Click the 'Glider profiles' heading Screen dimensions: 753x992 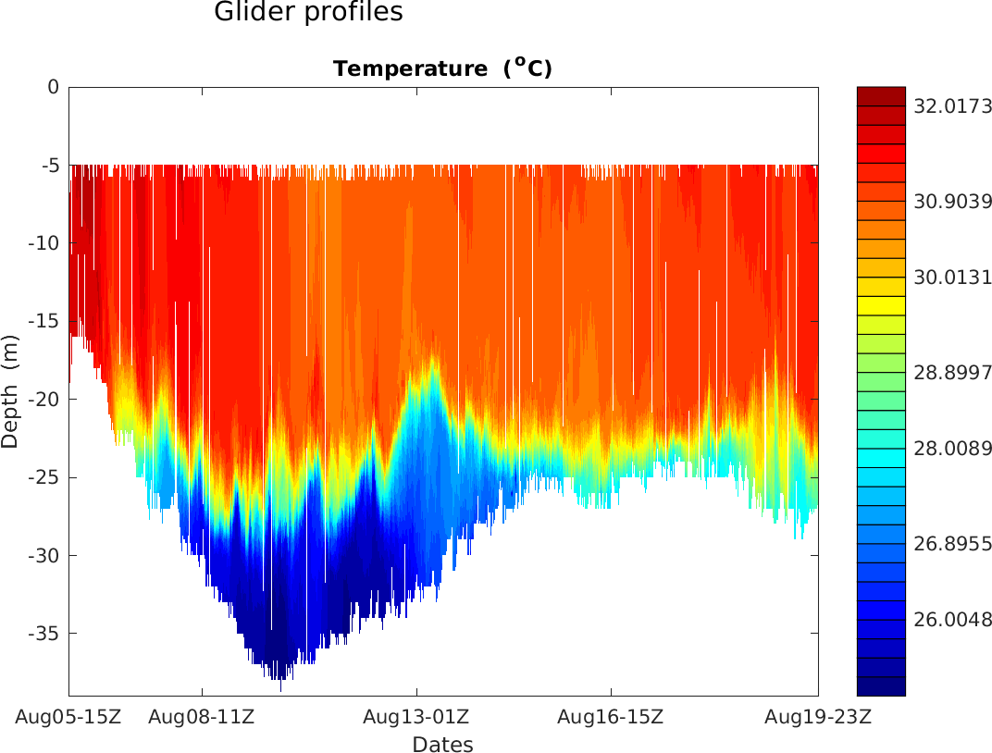[308, 13]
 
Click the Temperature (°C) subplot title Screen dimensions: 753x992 [442, 68]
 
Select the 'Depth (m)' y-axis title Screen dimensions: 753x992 [10, 390]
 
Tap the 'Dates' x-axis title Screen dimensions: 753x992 [442, 745]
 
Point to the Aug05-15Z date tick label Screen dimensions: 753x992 [68, 716]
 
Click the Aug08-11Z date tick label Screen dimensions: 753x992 [202, 716]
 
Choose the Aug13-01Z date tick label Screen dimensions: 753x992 [416, 716]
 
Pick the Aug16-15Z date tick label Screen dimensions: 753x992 [611, 716]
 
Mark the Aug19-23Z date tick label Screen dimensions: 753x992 [818, 716]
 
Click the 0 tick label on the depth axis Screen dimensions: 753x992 [54, 87]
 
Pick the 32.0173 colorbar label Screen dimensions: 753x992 [952, 106]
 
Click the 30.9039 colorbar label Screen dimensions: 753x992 [952, 201]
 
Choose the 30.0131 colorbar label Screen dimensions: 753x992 [952, 277]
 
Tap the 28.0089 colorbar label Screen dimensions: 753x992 [952, 449]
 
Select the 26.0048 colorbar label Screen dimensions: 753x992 [952, 619]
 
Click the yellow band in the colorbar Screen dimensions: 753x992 [881, 304]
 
